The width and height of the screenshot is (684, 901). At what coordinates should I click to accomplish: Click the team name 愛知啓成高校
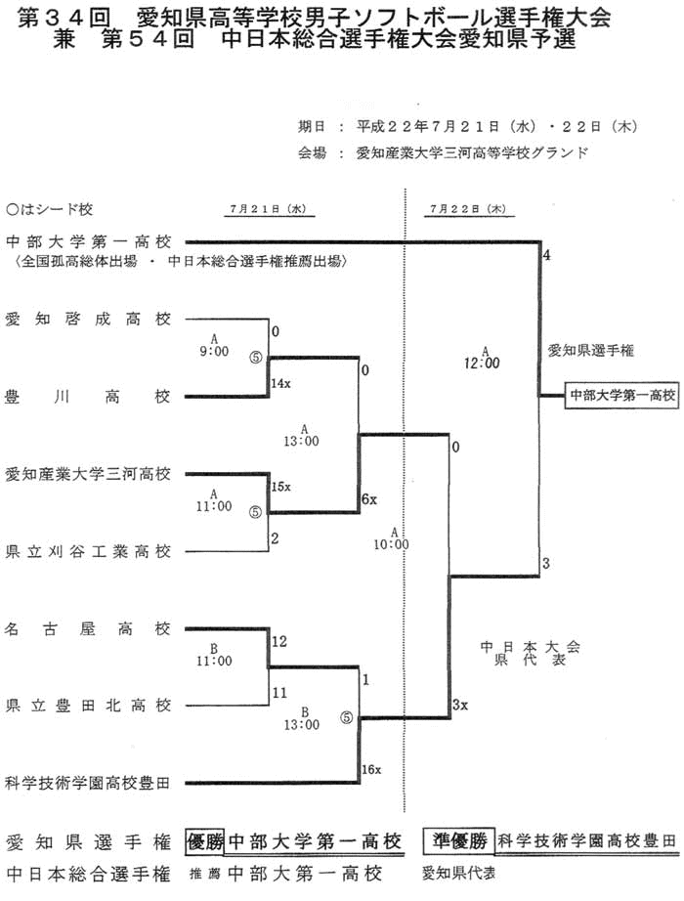(x=88, y=319)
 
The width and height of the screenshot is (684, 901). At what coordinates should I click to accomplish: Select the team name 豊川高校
(x=88, y=397)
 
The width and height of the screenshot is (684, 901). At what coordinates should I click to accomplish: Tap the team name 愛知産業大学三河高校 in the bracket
(x=88, y=474)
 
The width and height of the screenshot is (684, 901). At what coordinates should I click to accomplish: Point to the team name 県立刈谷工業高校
(x=88, y=551)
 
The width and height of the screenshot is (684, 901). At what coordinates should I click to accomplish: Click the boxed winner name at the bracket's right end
(x=622, y=395)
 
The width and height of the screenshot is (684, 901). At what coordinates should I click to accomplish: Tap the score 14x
(x=281, y=384)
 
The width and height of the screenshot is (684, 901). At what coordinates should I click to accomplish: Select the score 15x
(x=281, y=486)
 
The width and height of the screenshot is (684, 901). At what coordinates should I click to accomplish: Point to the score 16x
(x=371, y=770)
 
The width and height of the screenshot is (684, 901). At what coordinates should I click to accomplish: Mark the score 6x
(x=368, y=499)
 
